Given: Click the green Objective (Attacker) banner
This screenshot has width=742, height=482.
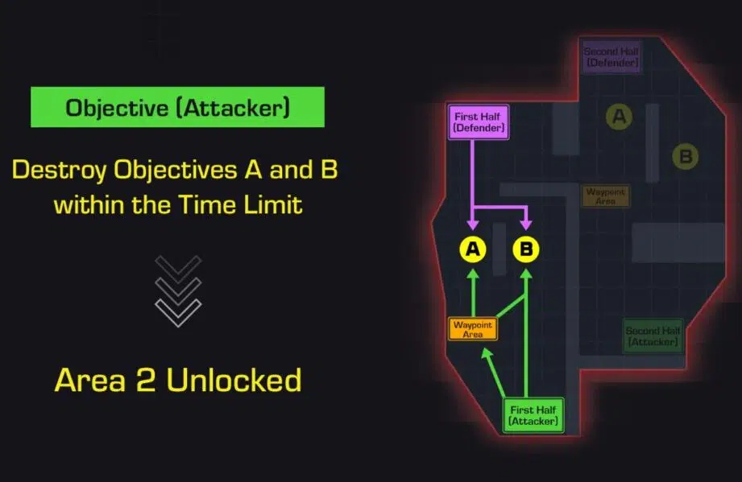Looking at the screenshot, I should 177,108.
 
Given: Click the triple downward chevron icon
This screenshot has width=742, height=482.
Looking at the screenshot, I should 178,290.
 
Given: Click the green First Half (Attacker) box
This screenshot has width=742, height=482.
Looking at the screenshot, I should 533,415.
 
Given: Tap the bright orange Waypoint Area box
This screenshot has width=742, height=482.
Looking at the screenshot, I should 473,329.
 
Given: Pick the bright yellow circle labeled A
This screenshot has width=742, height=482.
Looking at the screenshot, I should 473,250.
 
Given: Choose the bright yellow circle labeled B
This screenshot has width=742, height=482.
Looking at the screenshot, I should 526,250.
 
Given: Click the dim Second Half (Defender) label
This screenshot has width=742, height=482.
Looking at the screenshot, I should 611,56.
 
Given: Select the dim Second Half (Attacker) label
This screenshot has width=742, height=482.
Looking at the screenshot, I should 653,336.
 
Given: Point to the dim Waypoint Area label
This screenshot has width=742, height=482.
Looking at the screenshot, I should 606,196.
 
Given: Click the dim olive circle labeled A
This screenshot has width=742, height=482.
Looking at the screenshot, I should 619,117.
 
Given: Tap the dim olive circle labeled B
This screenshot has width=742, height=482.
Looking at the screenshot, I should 685,156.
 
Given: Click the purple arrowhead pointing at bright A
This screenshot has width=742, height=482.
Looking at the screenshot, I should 473,227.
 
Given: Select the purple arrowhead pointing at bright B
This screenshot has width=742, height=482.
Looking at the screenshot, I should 526,227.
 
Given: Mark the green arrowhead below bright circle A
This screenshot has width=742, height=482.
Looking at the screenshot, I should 473,274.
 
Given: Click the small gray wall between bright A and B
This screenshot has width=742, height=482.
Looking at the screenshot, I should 500,249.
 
